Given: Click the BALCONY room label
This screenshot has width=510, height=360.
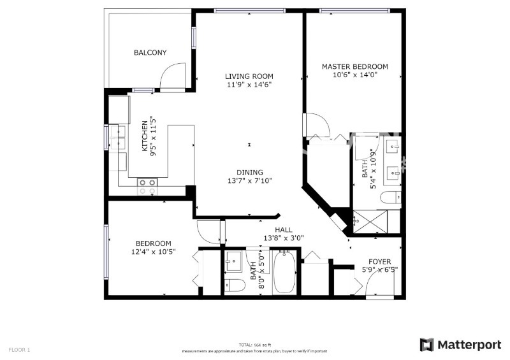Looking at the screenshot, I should click(x=150, y=53).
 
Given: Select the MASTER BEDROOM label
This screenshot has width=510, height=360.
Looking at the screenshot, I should click(x=354, y=66).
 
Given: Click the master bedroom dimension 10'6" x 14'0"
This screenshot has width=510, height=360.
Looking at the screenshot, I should click(x=354, y=75).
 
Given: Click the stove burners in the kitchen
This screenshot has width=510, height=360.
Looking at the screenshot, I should click(x=148, y=185).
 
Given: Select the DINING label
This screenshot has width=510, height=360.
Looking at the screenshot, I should click(x=249, y=172).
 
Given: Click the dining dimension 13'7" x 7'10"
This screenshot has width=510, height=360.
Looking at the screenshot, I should click(x=249, y=180).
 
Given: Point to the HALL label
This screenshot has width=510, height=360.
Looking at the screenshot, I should click(x=284, y=230).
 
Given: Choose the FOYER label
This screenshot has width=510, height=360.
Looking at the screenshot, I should click(x=380, y=261).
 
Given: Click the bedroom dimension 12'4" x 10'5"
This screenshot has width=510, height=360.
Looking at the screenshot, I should click(x=153, y=252).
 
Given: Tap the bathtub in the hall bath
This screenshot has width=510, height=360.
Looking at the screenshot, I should click(x=284, y=274).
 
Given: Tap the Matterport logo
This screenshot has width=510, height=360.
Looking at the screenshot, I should click(x=460, y=345).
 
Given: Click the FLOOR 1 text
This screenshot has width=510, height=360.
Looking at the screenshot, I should click(x=19, y=349).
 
